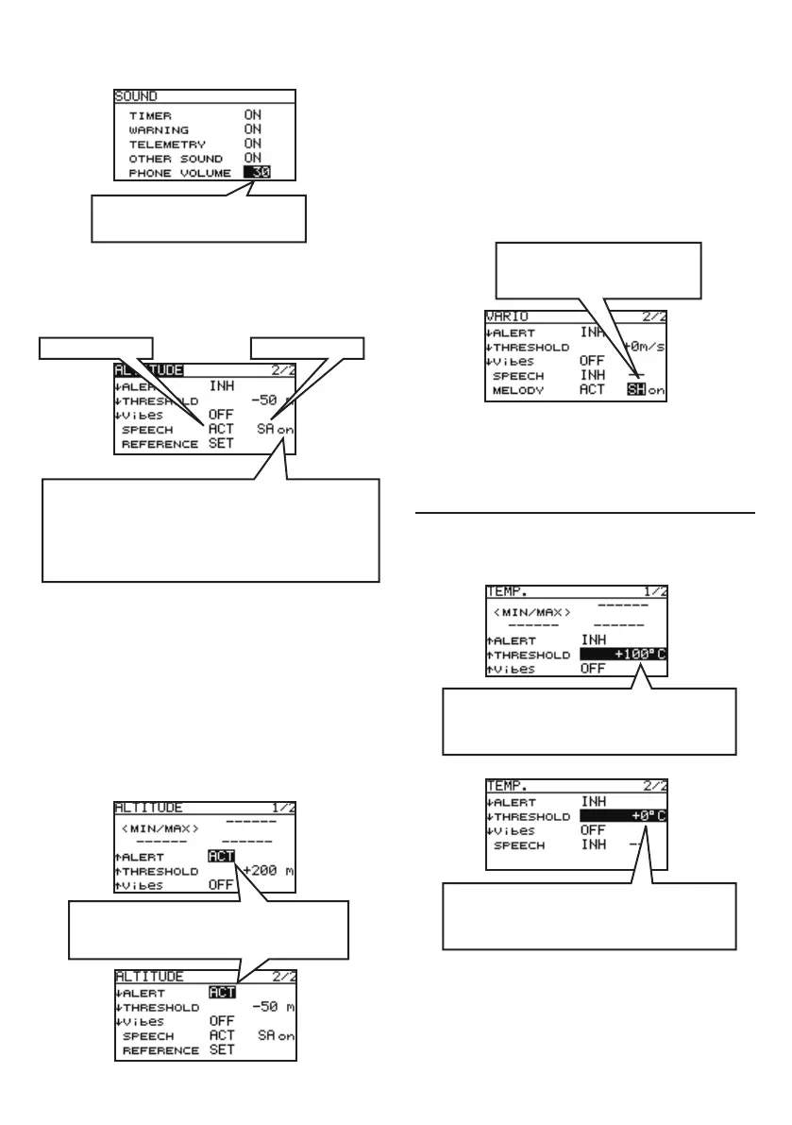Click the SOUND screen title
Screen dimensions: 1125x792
pyautogui.click(x=136, y=96)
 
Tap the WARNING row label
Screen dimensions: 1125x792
pyautogui.click(x=159, y=129)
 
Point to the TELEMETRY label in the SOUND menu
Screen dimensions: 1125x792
pyautogui.click(x=168, y=144)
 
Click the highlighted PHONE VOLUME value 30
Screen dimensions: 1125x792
pyautogui.click(x=256, y=173)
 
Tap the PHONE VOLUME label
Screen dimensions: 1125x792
pyautogui.click(x=179, y=173)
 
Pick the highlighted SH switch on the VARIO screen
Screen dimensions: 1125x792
pyautogui.click(x=635, y=390)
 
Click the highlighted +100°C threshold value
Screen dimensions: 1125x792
pyautogui.click(x=624, y=655)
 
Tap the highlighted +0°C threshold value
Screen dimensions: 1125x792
pyautogui.click(x=624, y=815)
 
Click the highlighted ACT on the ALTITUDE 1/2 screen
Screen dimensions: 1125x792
pyautogui.click(x=221, y=857)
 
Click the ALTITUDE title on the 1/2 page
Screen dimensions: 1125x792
pyautogui.click(x=149, y=809)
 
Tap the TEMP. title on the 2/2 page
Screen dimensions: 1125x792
pyautogui.click(x=506, y=786)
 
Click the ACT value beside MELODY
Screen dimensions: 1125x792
pyautogui.click(x=592, y=390)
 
